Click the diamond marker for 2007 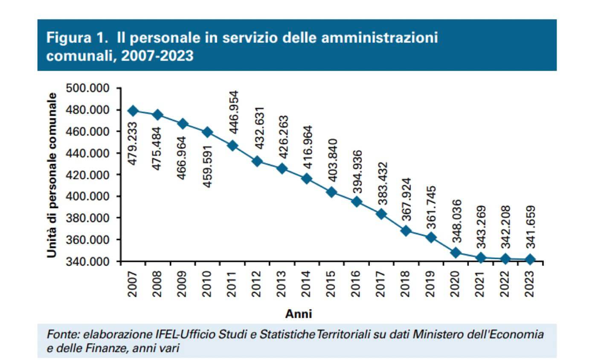point(133,111)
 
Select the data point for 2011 point(233,145)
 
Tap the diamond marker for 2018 point(406,231)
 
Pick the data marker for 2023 point(530,259)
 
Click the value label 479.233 point(133,143)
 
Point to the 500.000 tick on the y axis point(88,88)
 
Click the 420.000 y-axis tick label point(88,175)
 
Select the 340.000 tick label point(88,261)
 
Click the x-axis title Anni point(298,314)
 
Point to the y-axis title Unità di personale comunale point(52,174)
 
